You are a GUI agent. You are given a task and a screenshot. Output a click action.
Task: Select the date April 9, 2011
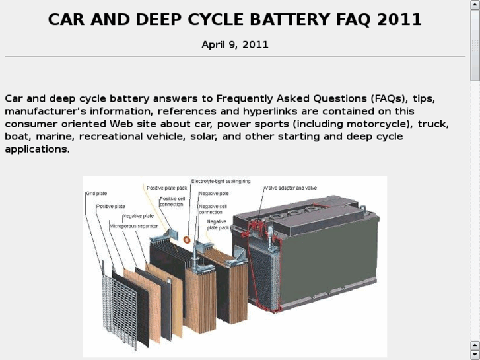pos(235,45)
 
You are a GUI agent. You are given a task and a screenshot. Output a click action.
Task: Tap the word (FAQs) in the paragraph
pos(382,98)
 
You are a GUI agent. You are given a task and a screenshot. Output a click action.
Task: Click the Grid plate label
pos(96,194)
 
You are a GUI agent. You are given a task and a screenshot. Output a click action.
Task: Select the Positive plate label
pos(110,206)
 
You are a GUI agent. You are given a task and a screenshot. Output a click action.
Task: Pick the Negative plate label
pos(137,216)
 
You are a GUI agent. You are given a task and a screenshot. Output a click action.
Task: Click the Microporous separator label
pos(133,226)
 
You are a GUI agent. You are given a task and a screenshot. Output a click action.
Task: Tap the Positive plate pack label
pos(166,188)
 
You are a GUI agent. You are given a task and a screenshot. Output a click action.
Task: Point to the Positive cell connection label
pos(172,201)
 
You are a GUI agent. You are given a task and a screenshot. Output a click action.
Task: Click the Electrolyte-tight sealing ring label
pos(221,180)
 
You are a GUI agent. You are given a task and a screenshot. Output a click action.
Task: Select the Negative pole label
pos(213,194)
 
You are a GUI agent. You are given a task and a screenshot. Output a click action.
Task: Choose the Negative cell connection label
pos(213,209)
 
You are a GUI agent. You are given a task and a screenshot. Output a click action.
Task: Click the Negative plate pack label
pos(217,225)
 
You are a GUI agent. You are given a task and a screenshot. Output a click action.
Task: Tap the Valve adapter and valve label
pos(291,188)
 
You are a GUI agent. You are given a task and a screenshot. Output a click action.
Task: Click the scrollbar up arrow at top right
pos(474,5)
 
